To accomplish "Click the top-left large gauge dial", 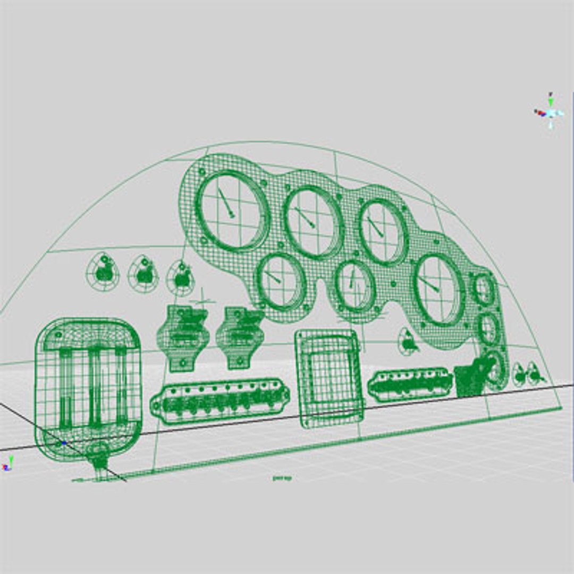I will tap(232, 212).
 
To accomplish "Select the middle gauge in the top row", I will tap(313, 223).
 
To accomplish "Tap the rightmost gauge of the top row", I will tap(383, 232).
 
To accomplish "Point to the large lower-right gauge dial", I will tap(438, 290).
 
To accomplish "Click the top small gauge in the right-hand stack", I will tap(484, 289).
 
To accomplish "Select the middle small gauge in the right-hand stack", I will tap(488, 328).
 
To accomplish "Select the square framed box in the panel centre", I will tap(328, 378).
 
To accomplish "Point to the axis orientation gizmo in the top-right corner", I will tap(550, 112).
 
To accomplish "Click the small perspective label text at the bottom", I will tap(282, 478).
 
